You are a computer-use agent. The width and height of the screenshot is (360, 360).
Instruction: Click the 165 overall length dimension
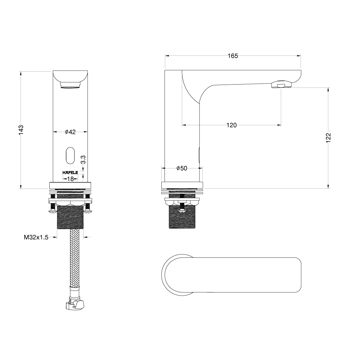point(233,56)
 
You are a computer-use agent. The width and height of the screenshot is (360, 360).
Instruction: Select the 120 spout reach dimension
point(231,125)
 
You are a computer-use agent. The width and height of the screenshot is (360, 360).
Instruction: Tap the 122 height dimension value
point(329,138)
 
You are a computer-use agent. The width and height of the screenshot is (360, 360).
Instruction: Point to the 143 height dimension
point(21,130)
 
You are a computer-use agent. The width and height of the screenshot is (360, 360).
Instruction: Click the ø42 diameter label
point(70,132)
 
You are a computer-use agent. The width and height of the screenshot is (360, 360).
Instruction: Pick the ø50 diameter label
point(182,168)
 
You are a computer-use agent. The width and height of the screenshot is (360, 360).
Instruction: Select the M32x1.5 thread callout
point(36,237)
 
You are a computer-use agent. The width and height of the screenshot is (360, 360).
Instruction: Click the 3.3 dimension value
point(84,159)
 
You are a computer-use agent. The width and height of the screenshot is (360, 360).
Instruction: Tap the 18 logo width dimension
point(71,179)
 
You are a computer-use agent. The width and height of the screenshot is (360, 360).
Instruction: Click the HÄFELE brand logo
point(70,172)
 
